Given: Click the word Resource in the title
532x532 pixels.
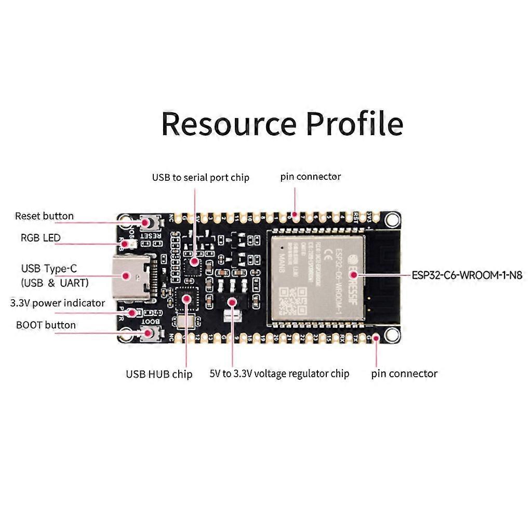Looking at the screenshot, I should coord(229,124).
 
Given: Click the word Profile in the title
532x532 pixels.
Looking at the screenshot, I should coord(354,124).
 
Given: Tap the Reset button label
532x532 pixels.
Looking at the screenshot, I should coord(44,216).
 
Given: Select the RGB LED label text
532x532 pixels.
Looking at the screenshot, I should coord(41,238).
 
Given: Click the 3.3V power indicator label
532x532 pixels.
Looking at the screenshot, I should coord(58,303).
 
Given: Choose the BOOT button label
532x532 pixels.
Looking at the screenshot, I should coord(46,325).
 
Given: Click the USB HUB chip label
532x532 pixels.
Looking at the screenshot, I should coord(159,374).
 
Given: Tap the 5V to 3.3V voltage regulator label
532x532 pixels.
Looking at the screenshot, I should coord(280,374).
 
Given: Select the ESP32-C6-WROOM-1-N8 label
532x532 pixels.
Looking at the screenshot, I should coord(467,275).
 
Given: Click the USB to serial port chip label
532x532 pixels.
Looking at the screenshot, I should coord(201,178).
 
